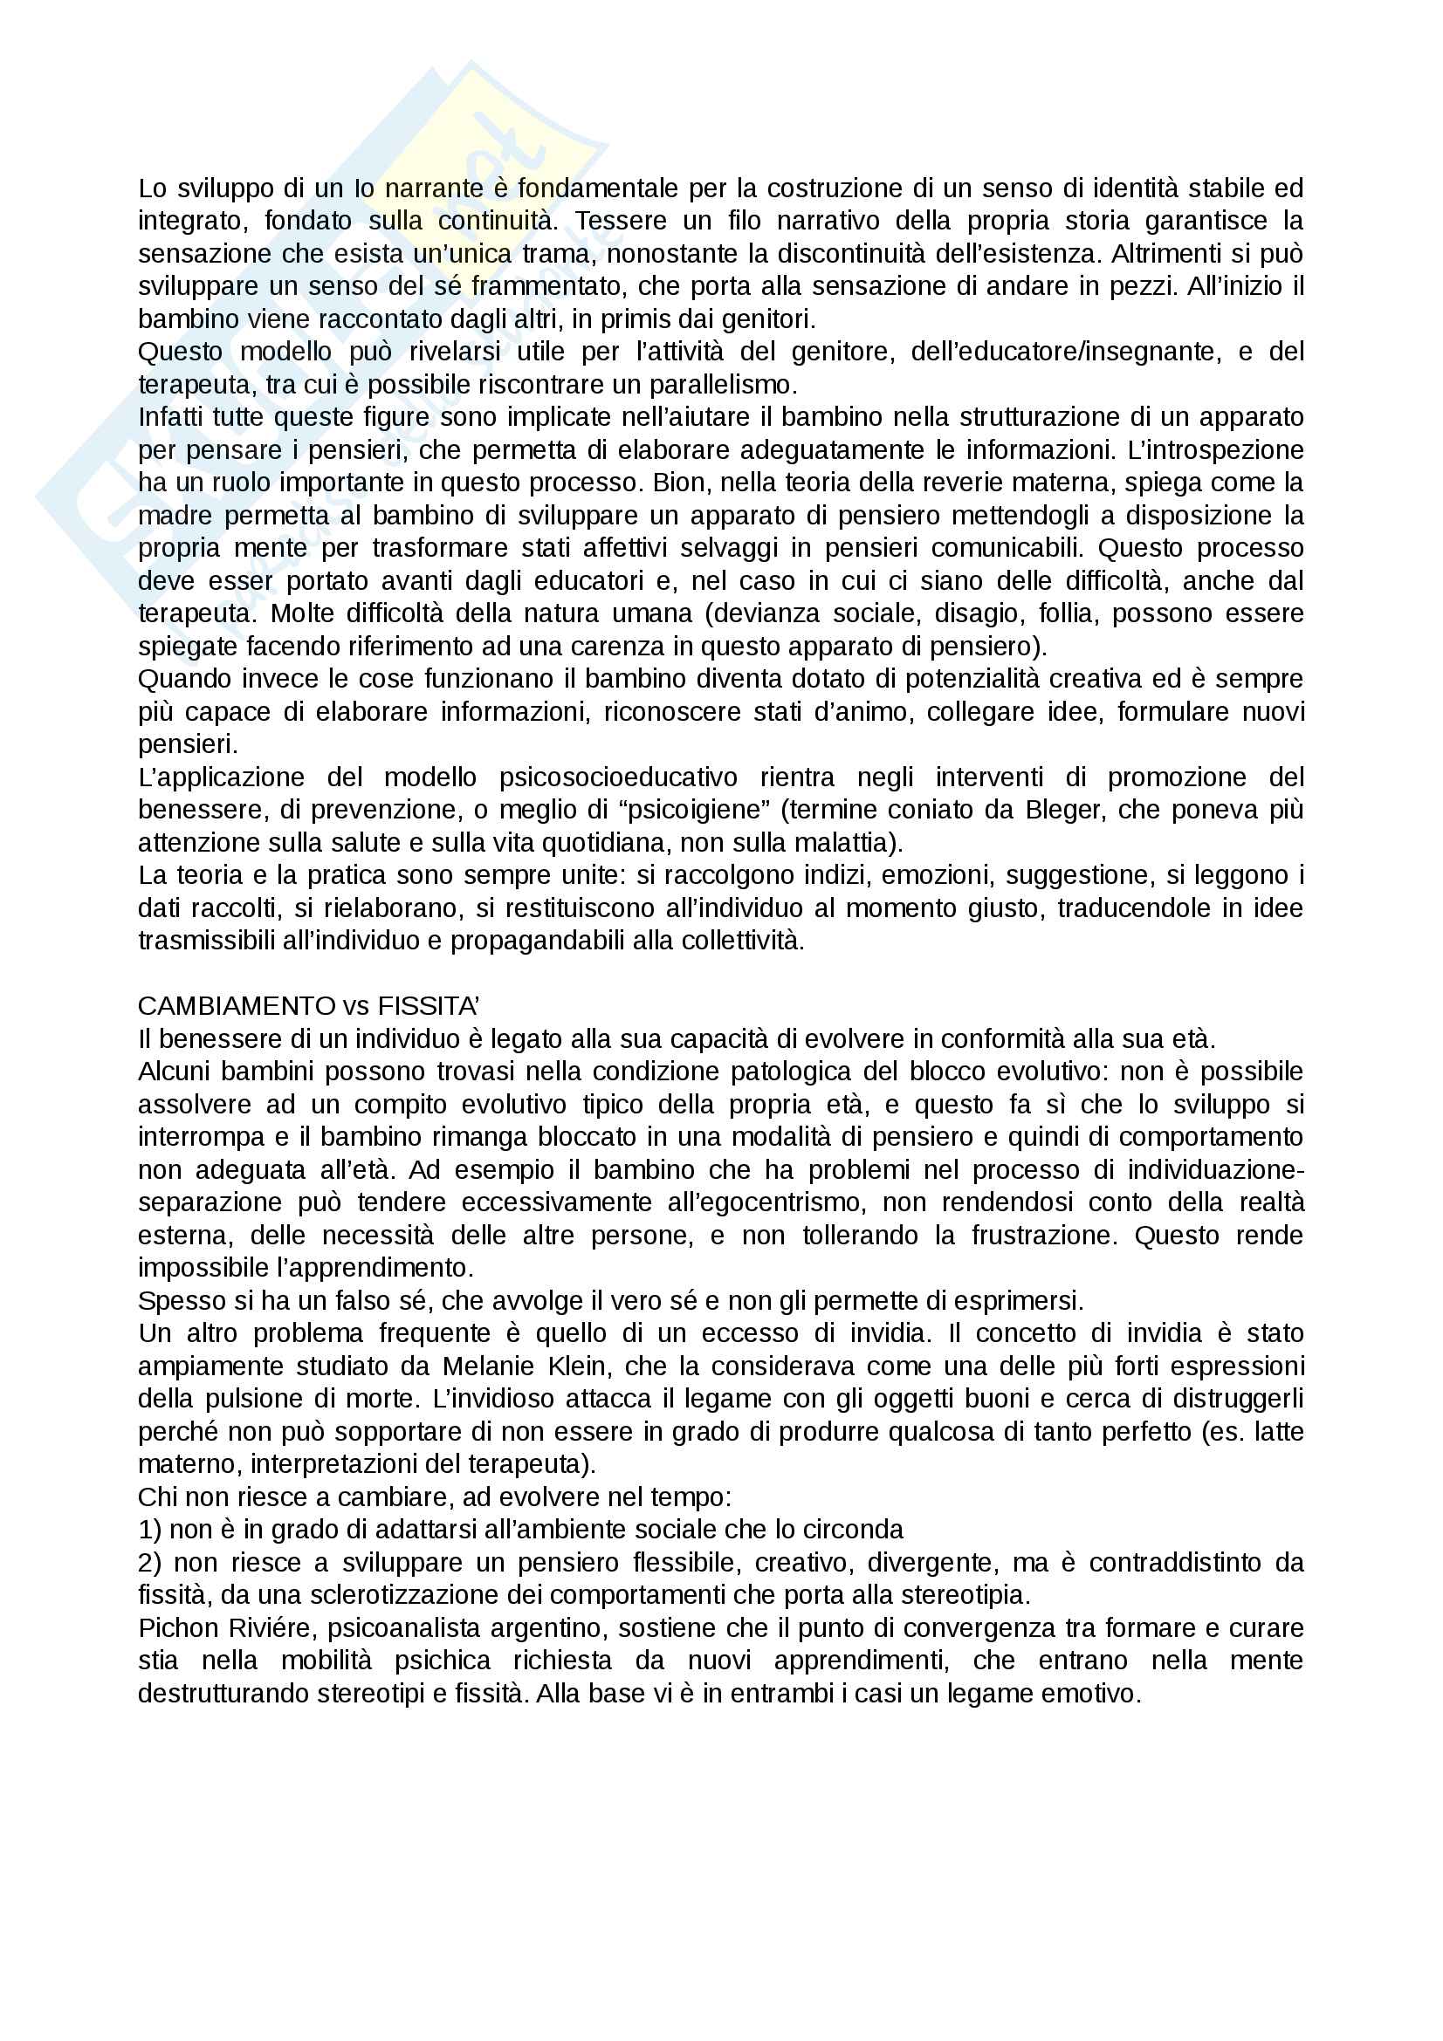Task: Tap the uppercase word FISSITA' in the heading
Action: pos(429,1006)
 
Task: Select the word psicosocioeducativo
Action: pos(618,777)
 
